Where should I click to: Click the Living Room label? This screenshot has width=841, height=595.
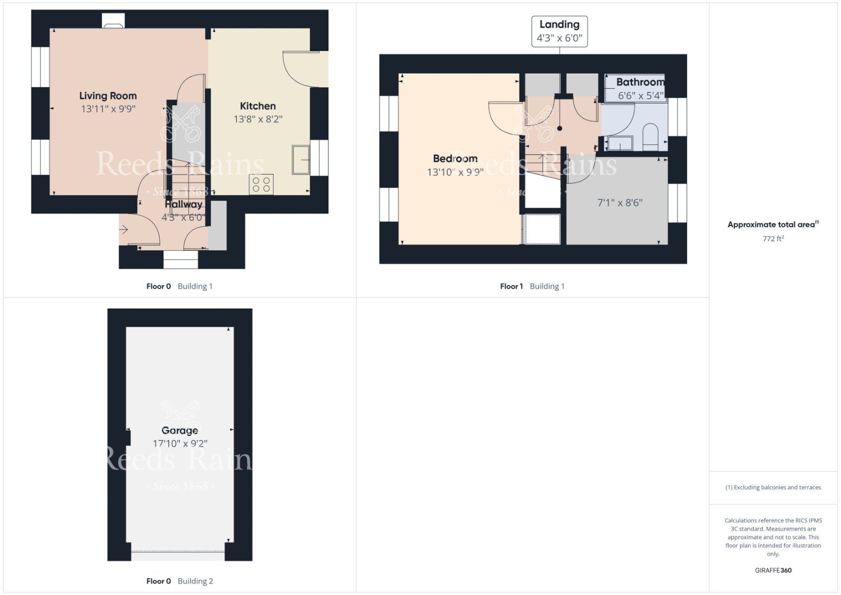coord(108,96)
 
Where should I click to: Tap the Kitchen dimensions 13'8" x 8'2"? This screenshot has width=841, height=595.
coord(258,119)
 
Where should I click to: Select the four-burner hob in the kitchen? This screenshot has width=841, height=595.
coord(261,184)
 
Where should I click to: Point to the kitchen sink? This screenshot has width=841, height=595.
coord(301,160)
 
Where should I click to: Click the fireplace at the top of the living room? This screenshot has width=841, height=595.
coord(114,21)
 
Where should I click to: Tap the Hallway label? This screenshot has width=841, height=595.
coord(183,204)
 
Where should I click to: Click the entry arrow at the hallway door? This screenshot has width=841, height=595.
coord(124,229)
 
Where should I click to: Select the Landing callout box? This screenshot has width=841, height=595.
coord(559,32)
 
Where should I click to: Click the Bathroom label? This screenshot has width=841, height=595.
coord(640,82)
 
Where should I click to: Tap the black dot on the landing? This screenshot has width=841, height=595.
coord(559,128)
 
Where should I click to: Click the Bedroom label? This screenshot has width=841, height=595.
coord(455,158)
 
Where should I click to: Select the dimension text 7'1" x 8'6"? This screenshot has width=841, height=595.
coord(620,203)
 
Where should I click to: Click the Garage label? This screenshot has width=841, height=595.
coord(179,430)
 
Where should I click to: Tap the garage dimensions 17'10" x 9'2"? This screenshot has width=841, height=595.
coord(180,443)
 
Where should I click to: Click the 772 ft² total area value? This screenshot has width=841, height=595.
coord(773,239)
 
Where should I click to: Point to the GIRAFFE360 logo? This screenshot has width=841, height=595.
coord(773,570)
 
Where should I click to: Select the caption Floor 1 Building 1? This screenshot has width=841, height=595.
coord(532,286)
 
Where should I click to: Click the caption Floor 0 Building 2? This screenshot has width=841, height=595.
coord(179,581)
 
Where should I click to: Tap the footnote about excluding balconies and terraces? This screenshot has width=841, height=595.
coord(773,487)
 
